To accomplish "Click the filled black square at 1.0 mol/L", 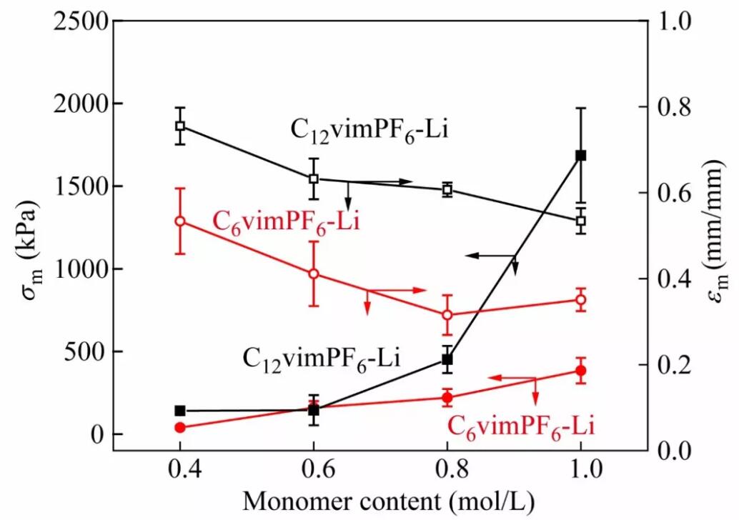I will pyautogui.click(x=581, y=155).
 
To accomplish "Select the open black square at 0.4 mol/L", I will pyautogui.click(x=180, y=126).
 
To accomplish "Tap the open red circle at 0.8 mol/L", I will pyautogui.click(x=447, y=314).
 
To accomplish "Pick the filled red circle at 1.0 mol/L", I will pyautogui.click(x=581, y=370).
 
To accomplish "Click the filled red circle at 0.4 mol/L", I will pyautogui.click(x=180, y=427).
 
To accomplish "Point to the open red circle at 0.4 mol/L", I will pyautogui.click(x=180, y=221).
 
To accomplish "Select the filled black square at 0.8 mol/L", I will pyautogui.click(x=447, y=360).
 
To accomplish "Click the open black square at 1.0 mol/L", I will pyautogui.click(x=581, y=220).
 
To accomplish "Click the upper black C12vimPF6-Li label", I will pyautogui.click(x=369, y=131).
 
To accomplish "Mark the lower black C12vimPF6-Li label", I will pyautogui.click(x=321, y=356).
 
